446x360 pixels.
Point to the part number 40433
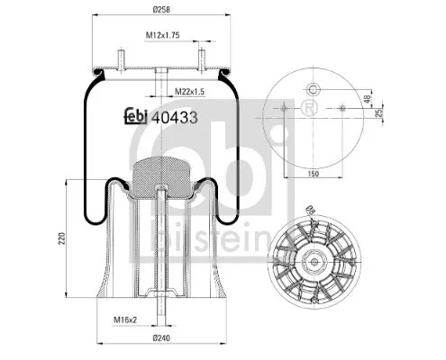point(176,115)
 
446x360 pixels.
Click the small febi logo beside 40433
point(134,116)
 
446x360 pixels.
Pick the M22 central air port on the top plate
point(159,76)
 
